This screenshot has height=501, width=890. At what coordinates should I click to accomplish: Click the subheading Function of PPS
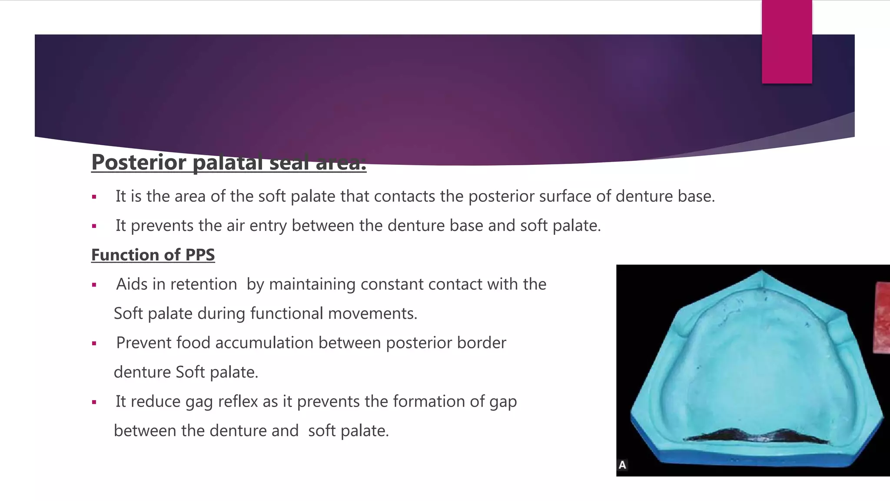click(153, 255)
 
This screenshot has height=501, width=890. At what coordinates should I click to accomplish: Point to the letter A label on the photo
click(622, 465)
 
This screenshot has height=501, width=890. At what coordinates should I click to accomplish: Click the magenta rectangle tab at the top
click(787, 42)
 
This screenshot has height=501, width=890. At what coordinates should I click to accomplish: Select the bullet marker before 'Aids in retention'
click(94, 285)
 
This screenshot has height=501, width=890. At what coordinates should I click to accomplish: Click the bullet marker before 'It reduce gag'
click(94, 402)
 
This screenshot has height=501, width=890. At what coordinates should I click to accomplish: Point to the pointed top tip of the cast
click(762, 272)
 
